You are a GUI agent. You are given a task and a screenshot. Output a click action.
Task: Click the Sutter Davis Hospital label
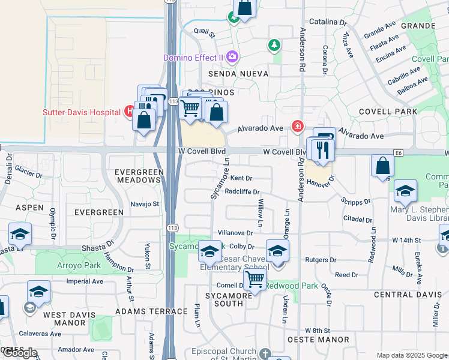click(81, 112)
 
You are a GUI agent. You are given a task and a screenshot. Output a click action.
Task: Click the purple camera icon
click(232, 58)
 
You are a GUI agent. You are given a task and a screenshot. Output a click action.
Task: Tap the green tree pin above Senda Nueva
click(274, 44)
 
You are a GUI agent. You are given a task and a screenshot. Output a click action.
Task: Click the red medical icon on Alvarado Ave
click(297, 126)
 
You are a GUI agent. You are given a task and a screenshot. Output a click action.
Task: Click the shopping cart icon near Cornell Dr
click(255, 278)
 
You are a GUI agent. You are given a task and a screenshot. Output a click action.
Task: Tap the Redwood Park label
click(292, 286)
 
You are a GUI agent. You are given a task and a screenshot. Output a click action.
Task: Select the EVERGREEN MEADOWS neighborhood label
click(140, 176)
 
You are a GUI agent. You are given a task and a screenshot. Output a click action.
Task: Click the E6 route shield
click(399, 154)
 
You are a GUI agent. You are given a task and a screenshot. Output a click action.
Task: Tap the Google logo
click(20, 353)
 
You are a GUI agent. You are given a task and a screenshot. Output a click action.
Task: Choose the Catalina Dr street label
click(328, 22)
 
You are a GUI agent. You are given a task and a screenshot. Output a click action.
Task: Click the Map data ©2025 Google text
click(411, 355)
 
